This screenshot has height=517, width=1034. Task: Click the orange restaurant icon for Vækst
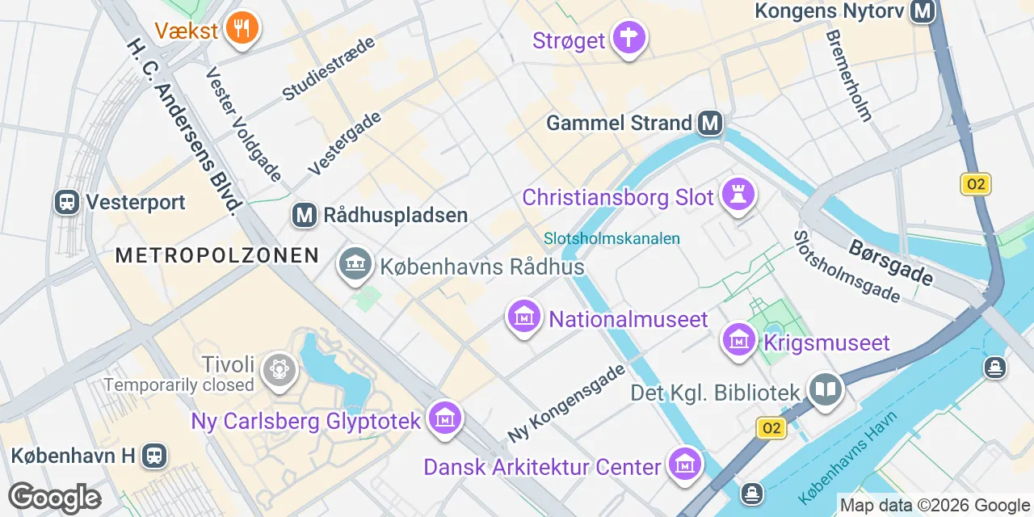(241, 28)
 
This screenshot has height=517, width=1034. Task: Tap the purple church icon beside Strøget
(628, 37)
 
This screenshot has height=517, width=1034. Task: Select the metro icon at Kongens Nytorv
(922, 11)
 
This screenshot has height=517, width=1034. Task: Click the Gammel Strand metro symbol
(710, 123)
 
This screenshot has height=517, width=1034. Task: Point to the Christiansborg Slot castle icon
(737, 195)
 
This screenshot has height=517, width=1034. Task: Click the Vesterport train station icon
(67, 201)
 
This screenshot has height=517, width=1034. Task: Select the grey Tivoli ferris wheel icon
(280, 369)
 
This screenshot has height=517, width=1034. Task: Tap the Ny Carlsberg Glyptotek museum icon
(444, 418)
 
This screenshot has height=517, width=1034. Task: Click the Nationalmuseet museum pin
(523, 317)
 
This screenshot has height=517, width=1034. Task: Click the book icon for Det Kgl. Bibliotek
(826, 390)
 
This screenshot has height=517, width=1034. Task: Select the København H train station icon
(153, 456)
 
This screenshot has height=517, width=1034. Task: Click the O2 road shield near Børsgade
(976, 184)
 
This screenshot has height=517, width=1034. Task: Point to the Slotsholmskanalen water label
(612, 238)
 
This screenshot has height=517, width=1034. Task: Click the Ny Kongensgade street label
(566, 402)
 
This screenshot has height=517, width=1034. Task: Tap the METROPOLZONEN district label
(217, 256)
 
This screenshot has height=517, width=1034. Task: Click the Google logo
(55, 498)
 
